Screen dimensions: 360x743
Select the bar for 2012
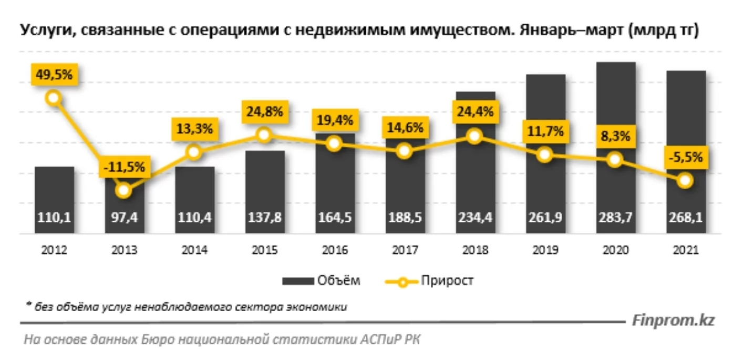54,200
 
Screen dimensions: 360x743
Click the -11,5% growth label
124,168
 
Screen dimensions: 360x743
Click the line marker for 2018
474,136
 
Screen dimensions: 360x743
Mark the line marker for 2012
54,98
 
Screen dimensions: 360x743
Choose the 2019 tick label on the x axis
545,251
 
